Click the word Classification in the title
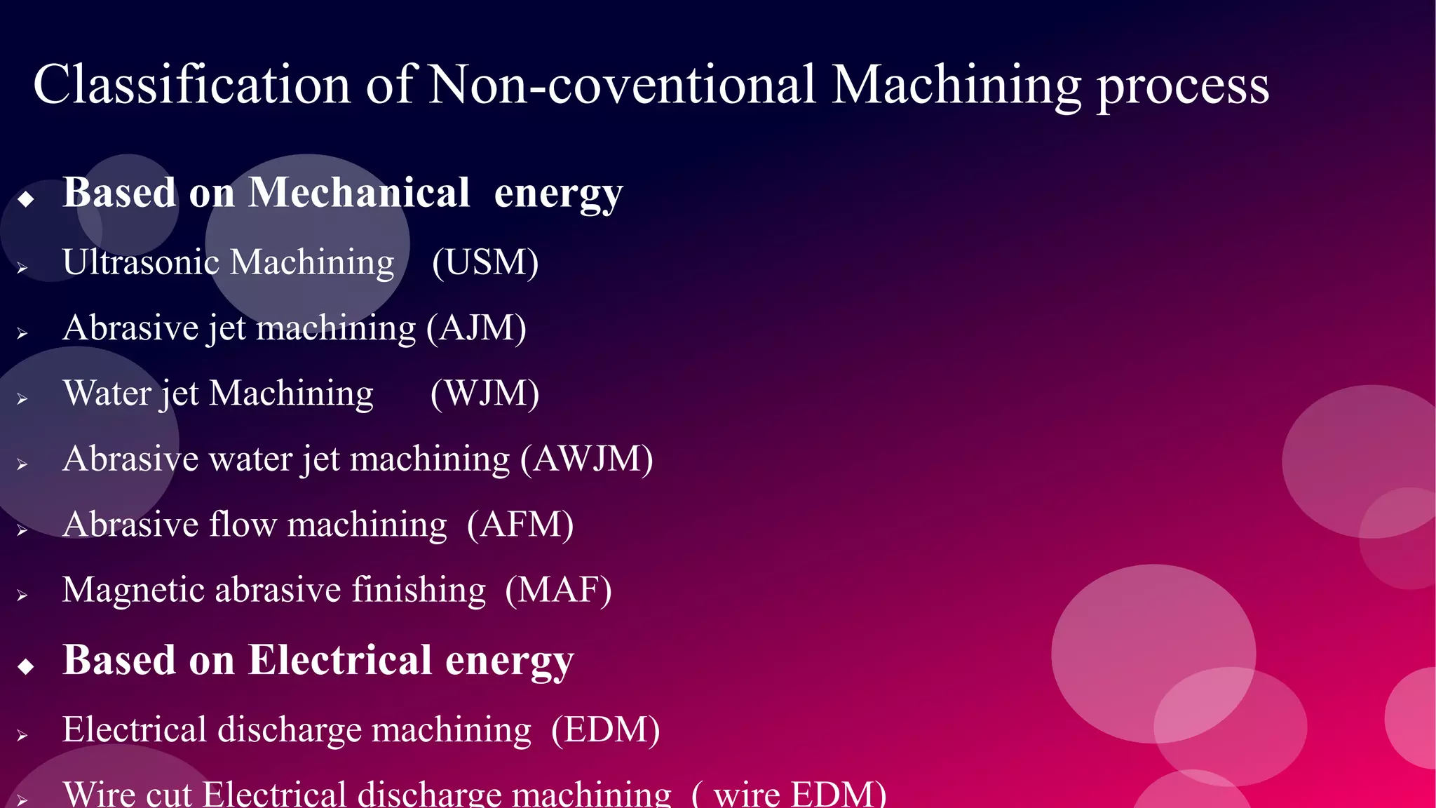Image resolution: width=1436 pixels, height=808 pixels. [x=191, y=85]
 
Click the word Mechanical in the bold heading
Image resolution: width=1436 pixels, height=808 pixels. [x=359, y=192]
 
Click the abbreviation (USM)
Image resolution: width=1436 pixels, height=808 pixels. [x=485, y=262]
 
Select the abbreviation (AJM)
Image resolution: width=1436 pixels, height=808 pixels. [x=477, y=328]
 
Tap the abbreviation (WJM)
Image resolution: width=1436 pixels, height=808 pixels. [x=485, y=393]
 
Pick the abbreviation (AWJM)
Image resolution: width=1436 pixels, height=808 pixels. [x=586, y=459]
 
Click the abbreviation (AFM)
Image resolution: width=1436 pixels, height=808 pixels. [x=520, y=524]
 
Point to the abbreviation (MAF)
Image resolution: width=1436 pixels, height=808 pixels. [x=559, y=590]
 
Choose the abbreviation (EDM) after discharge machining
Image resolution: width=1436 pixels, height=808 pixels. [x=606, y=729]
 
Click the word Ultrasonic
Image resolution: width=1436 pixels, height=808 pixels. [x=141, y=262]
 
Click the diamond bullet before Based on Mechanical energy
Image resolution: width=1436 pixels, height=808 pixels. [x=26, y=199]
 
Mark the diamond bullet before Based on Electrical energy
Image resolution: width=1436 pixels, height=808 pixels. [x=26, y=666]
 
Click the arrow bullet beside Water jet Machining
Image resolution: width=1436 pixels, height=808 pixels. [x=22, y=399]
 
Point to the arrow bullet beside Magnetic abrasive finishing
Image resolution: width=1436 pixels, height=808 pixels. [x=22, y=595]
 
